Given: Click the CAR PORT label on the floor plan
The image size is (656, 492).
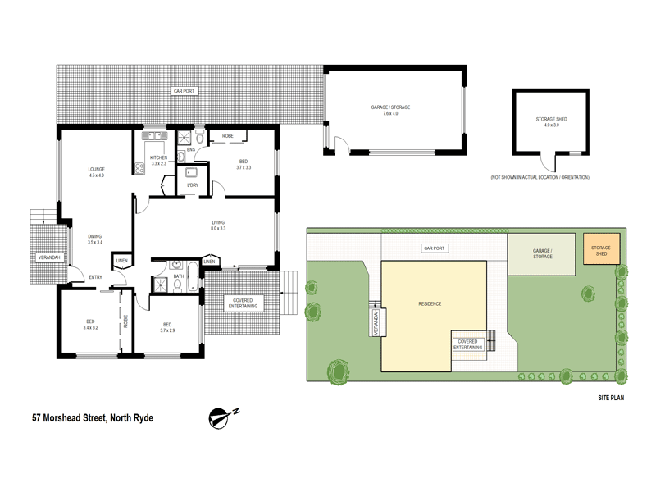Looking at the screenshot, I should click(x=183, y=90).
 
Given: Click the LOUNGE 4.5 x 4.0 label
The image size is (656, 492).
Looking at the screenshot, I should click(x=97, y=171).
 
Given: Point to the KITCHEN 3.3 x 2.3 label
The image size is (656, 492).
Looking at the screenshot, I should click(x=158, y=160).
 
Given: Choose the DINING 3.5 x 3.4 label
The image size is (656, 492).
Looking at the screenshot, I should click(x=95, y=239).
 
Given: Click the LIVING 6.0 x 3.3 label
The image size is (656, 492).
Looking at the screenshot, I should click(x=218, y=225).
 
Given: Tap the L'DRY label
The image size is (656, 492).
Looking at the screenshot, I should click(x=194, y=184).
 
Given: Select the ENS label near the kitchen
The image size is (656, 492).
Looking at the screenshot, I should click(x=190, y=150).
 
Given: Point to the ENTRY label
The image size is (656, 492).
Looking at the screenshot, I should click(x=97, y=277).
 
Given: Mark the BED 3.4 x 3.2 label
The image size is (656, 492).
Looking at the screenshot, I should click(x=90, y=324).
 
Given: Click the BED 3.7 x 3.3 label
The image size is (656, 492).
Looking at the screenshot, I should click(x=244, y=164).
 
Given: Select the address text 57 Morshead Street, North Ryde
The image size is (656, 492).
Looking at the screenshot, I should click(x=93, y=417).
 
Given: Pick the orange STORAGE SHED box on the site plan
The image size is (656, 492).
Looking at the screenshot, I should click(x=602, y=249).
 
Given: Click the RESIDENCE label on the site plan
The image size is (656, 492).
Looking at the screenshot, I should click(x=430, y=303).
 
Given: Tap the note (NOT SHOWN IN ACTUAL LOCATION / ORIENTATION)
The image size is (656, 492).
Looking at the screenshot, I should click(x=540, y=177).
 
